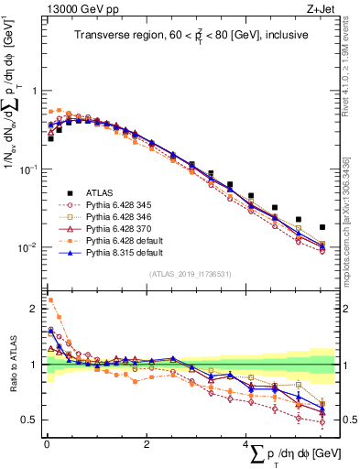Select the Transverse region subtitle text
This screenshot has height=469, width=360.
(x=190, y=36)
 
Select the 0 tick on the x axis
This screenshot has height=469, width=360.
(x=47, y=445)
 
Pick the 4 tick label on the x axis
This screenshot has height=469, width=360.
(x=245, y=445)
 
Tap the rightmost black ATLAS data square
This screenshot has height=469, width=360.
(x=322, y=227)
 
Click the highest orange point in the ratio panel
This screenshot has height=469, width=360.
(x=50, y=300)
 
